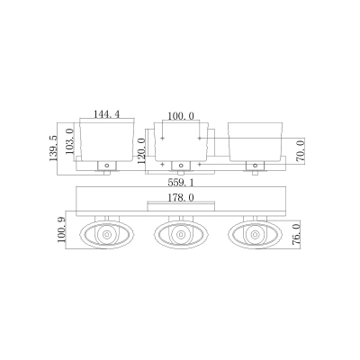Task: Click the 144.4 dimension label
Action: pos(106,114)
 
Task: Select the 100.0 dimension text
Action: pos(181,116)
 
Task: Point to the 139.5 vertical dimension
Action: pos(53,148)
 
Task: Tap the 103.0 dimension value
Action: pos(69,141)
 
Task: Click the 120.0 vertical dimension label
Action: pos(141,151)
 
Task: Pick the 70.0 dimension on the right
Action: pos(301,151)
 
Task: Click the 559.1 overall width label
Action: pos(181,183)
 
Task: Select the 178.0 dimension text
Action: pos(181,198)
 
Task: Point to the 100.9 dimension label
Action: pos(61,230)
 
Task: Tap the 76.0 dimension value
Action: pos(296,235)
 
